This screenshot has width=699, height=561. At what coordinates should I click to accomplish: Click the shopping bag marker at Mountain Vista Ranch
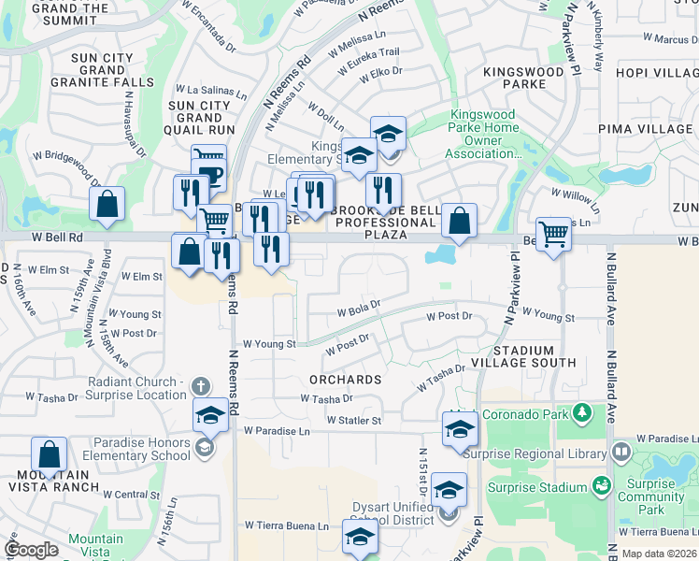[49, 455]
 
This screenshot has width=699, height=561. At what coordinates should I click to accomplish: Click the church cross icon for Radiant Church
[198, 386]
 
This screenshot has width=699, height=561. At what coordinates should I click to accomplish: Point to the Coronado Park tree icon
[581, 411]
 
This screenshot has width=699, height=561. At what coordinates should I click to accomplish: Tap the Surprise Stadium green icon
[602, 485]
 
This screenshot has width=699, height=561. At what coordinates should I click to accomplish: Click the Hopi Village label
[660, 72]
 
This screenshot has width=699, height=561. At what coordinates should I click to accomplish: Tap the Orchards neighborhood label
[346, 380]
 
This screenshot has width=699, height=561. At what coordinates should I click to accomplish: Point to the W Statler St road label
[350, 421]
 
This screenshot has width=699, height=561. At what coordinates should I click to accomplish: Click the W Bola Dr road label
[359, 307]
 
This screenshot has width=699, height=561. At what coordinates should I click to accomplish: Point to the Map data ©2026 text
[659, 554]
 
